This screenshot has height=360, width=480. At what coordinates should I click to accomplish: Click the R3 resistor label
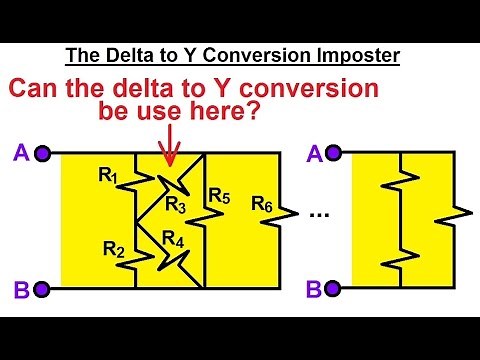[x=176, y=206]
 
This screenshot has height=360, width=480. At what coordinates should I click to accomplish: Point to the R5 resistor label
[x=219, y=195]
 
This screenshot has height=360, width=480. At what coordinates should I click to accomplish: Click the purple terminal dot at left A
[x=42, y=154]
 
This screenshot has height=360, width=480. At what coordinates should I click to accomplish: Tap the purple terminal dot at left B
[x=42, y=290]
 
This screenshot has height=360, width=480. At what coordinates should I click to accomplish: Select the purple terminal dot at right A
[x=333, y=154]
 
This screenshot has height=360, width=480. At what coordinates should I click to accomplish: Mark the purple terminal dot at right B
[x=333, y=290]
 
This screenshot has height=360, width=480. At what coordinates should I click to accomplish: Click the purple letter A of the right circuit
[x=313, y=154]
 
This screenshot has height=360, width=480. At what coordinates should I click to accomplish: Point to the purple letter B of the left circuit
[x=20, y=291]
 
